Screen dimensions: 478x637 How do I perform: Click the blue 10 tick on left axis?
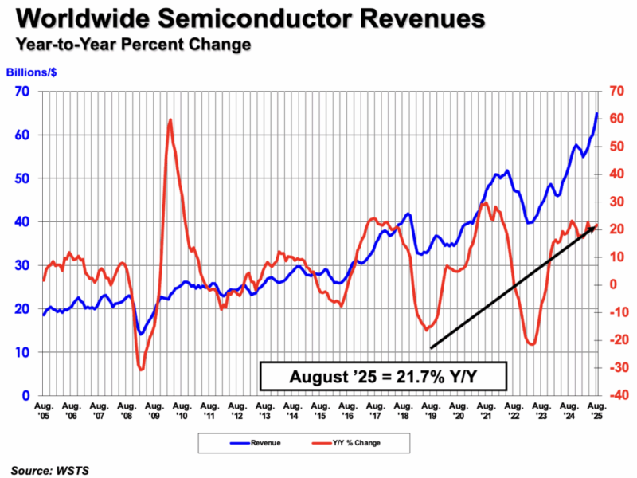[x=24, y=352]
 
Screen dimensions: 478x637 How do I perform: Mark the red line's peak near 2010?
[x=170, y=119]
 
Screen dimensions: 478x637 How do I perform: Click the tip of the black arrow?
[x=596, y=225]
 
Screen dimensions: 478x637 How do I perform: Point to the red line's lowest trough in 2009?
[x=141, y=370]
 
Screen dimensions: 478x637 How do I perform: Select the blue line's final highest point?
[x=596, y=113]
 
